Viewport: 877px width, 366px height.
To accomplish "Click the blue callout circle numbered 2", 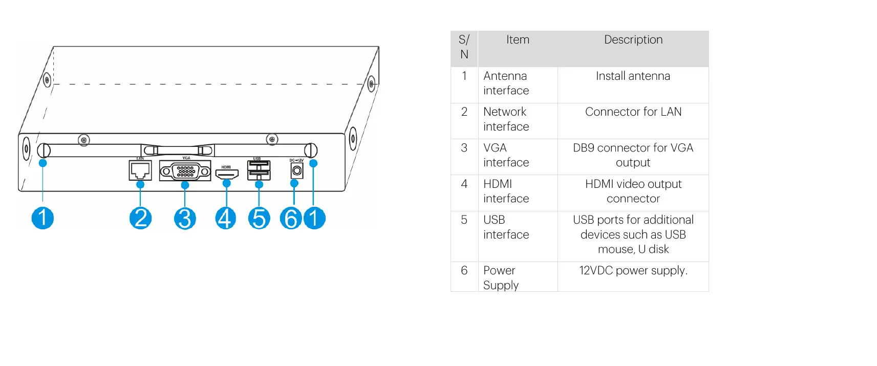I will click(x=140, y=218).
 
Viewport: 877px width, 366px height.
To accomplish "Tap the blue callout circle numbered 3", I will click(x=185, y=219).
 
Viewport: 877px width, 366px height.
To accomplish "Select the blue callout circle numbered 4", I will click(x=225, y=219).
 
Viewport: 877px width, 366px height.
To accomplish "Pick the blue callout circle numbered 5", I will click(x=259, y=219).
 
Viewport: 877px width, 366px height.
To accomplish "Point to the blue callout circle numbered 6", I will click(x=291, y=219).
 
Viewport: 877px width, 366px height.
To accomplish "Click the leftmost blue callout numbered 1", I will click(x=42, y=218).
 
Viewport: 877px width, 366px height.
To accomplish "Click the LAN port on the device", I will click(x=140, y=170).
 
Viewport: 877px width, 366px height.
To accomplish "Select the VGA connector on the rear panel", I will click(x=185, y=171).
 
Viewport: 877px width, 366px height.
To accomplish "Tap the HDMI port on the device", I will click(x=227, y=174).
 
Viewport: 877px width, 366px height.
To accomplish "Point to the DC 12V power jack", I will click(x=297, y=171).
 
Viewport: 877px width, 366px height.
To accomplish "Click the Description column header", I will click(x=633, y=40).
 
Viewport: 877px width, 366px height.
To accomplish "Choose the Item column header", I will click(x=518, y=40).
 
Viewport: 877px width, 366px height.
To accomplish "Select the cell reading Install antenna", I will click(x=633, y=76).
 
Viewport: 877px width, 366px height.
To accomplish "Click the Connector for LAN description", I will click(x=633, y=112).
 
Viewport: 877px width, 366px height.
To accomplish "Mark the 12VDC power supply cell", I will click(x=633, y=271).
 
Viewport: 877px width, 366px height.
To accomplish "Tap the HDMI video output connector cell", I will click(x=633, y=191).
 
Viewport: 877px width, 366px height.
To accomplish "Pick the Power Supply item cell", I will click(x=501, y=278).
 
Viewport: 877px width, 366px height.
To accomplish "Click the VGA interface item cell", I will click(x=506, y=155).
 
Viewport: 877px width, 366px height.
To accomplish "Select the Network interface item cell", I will click(x=506, y=119).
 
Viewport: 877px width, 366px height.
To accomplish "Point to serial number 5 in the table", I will click(x=464, y=220).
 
